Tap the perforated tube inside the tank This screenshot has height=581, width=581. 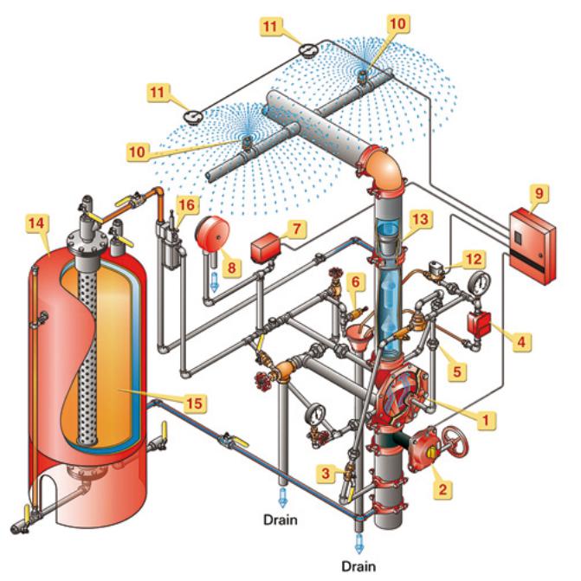click(87, 346)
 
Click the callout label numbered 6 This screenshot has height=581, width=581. click(353, 281)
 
